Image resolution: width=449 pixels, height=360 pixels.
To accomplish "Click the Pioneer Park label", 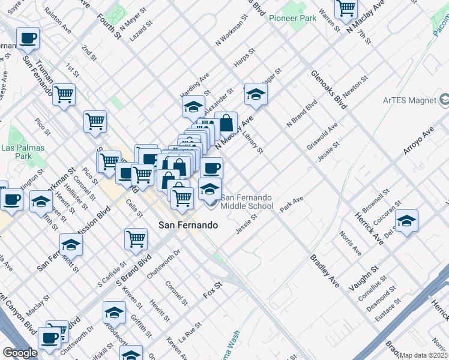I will coord(292,19).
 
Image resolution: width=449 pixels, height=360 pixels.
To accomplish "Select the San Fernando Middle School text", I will coord(247,202).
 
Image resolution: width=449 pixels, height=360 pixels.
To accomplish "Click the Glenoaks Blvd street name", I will coord(329,89).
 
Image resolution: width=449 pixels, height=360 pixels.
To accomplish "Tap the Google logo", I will coord(20,353).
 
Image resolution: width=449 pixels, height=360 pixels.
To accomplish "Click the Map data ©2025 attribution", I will coord(423,355).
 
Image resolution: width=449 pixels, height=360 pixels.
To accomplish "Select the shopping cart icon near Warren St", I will coord(346,8).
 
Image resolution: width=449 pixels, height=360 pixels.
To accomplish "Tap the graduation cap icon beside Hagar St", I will coord(256,94).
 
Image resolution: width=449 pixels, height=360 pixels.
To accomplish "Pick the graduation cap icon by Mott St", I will coord(71,244).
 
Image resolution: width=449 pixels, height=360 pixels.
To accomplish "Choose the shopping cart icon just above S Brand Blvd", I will coord(136,238).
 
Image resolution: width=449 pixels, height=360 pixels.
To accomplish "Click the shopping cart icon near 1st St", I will coord(64,94).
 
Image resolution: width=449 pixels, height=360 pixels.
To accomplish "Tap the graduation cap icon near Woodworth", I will coord(114,312).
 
